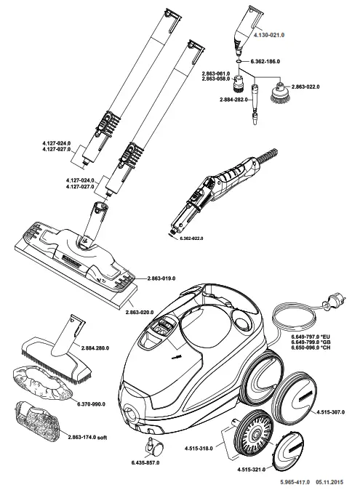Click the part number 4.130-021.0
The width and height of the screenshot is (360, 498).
pos(269,34)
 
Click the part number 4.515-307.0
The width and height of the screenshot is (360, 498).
pos(330,412)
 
